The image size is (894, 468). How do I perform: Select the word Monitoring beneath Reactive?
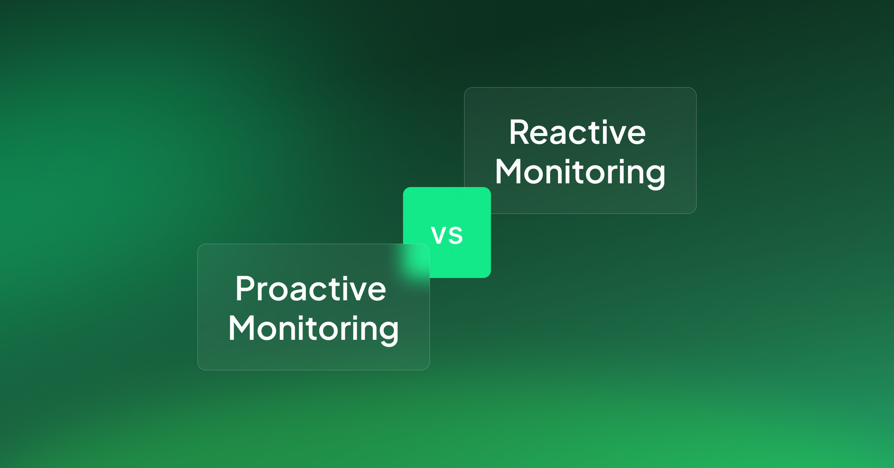coord(580,173)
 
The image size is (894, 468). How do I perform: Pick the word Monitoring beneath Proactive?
coord(313,329)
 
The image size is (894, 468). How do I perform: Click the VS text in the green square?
coord(447,235)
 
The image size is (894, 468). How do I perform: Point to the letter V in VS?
coord(438,235)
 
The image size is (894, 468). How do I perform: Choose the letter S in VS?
coord(456,235)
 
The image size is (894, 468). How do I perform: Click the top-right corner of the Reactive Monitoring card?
coord(696,88)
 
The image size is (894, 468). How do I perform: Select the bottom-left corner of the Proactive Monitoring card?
coord(198,370)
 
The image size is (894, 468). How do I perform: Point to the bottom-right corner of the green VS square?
coord(491,277)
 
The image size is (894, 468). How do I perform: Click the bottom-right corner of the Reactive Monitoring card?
coord(696,213)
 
